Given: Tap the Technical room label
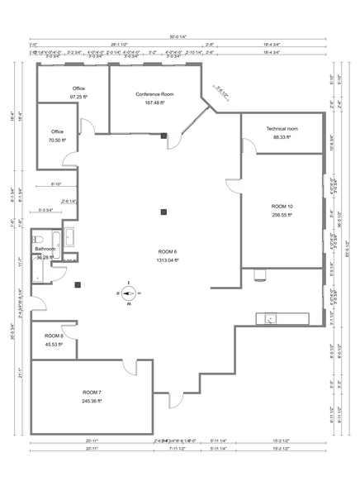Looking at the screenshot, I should tap(282, 129).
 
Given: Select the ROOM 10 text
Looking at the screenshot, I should tap(282, 205).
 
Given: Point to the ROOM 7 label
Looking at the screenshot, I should tap(93, 391).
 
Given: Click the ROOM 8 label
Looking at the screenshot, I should tap(54, 336).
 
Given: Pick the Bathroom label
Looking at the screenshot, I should tap(45, 249).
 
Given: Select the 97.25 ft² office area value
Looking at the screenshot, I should tap(79, 97).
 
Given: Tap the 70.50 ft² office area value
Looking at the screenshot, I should tap(57, 141).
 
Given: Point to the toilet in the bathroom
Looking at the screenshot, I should tap(38, 277).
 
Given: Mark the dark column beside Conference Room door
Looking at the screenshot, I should tap(163, 135).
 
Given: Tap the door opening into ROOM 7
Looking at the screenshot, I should tap(130, 368).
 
